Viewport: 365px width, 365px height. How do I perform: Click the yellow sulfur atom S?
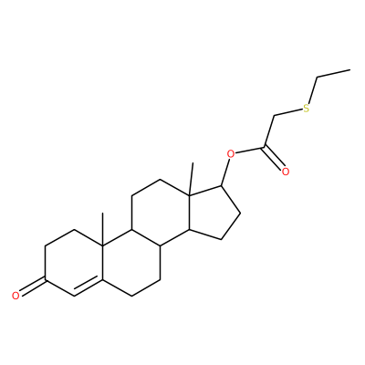(x=306, y=108)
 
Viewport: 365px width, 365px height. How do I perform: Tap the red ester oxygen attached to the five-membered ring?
(x=231, y=154)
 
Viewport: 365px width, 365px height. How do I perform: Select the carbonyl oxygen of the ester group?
(x=285, y=172)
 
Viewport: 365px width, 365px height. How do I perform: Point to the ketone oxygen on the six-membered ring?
(x=16, y=295)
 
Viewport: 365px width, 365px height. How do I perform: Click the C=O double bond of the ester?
(x=274, y=159)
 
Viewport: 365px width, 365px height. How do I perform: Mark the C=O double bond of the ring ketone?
(x=32, y=286)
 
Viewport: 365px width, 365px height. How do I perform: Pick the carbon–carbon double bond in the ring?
(x=89, y=285)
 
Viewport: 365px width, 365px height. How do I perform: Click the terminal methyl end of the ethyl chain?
(x=350, y=70)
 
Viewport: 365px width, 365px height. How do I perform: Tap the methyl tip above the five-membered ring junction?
(x=193, y=163)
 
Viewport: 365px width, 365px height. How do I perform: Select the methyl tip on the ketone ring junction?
(x=102, y=214)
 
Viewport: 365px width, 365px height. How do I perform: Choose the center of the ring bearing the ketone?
(x=74, y=262)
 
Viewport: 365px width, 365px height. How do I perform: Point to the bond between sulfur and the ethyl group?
(x=312, y=90)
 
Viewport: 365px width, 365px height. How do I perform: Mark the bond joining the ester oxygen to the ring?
(x=226, y=172)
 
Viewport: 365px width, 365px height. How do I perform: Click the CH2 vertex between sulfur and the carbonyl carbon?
(x=275, y=116)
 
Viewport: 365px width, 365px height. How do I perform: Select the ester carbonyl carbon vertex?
(x=265, y=148)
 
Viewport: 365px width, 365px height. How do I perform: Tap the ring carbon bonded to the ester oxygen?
(x=223, y=185)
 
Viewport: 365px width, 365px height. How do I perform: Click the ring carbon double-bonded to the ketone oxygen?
(x=46, y=278)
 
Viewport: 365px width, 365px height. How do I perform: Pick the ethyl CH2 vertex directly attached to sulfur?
(x=318, y=78)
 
